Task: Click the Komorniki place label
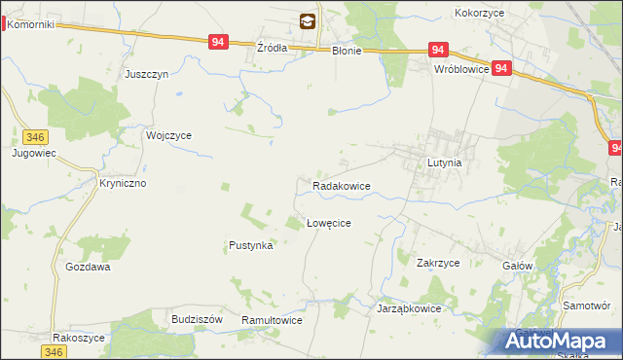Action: click(32, 24)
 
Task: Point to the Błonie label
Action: click(346, 52)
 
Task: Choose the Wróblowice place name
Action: click(461, 70)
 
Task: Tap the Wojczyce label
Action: click(168, 136)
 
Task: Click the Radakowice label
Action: click(341, 185)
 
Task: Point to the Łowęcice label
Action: click(328, 223)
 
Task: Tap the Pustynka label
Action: click(250, 246)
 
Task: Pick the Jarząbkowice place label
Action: click(409, 308)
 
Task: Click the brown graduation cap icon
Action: click(308, 19)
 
